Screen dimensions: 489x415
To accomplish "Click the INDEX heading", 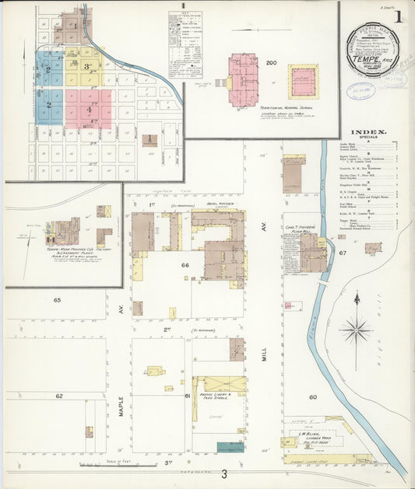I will click(368, 132).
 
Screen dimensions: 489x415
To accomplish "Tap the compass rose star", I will click(356, 330).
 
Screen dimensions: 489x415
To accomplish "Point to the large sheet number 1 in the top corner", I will click(398, 16).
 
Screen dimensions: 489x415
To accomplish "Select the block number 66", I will click(185, 266).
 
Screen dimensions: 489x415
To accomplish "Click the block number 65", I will click(58, 299).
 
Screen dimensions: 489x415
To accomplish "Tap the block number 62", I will click(58, 396).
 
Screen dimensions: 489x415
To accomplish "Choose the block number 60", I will click(312, 397).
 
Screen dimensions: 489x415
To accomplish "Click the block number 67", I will click(342, 253).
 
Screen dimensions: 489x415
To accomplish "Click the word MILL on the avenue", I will click(263, 355).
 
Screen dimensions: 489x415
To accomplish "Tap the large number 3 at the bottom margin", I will click(223, 475).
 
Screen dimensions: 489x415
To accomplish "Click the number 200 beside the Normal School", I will click(272, 62).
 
